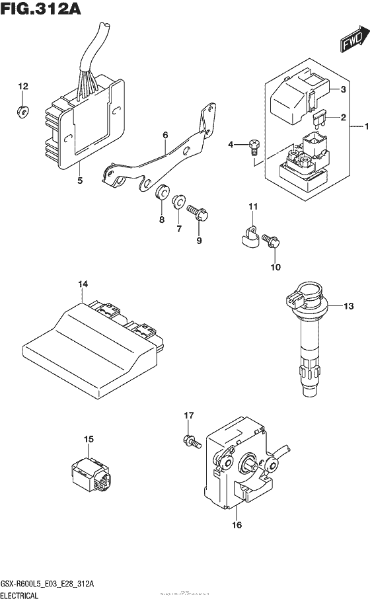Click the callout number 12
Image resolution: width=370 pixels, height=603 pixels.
(x=23, y=87)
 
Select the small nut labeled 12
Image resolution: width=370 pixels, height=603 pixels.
(x=22, y=111)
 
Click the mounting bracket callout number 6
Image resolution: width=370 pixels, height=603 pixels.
(x=165, y=136)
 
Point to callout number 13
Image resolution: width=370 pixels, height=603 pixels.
(x=349, y=305)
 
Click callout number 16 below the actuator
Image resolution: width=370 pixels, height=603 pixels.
(x=237, y=526)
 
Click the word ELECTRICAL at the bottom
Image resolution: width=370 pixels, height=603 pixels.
(x=23, y=595)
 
